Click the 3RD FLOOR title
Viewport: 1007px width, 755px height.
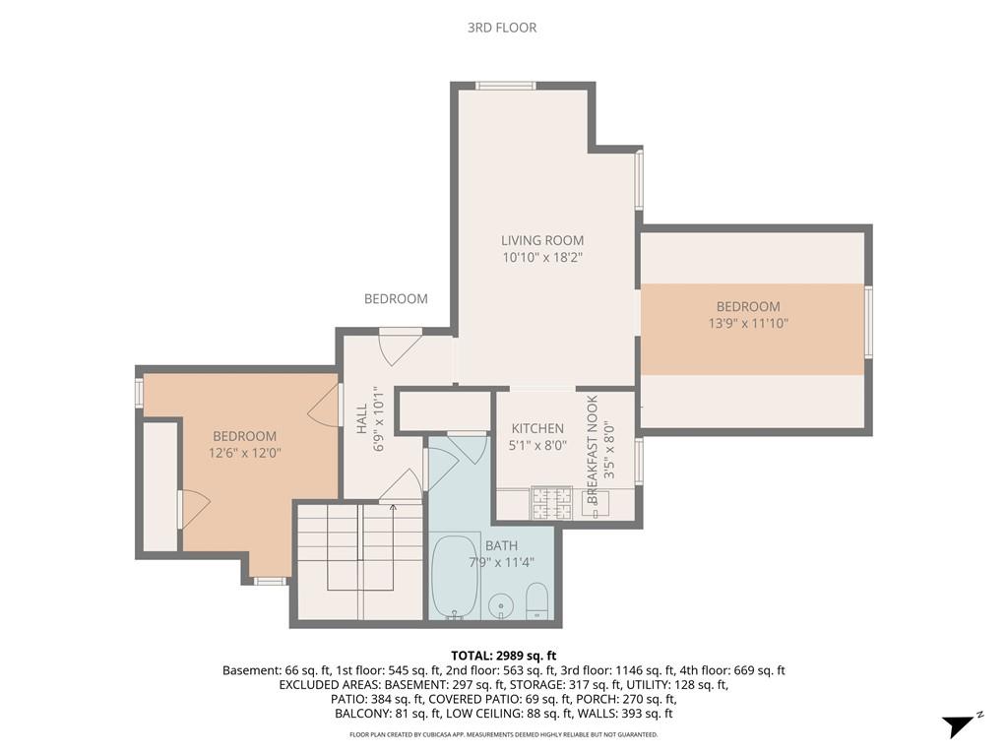coord(502,28)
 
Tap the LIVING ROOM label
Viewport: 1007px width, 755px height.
coord(541,240)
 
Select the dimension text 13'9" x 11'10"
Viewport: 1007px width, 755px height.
coord(747,323)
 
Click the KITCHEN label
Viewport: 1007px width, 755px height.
coord(537,428)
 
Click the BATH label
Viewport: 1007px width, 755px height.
coord(500,545)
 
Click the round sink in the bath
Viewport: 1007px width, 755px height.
coord(502,604)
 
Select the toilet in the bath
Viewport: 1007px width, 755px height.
coord(537,600)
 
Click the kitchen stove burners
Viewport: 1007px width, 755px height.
coord(545,503)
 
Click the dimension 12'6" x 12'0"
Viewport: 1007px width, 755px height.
coord(244,454)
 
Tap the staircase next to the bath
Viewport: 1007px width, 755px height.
coord(359,559)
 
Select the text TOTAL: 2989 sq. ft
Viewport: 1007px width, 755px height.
coord(503,656)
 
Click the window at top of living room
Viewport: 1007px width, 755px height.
coord(505,86)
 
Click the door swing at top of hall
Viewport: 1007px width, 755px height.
coord(398,346)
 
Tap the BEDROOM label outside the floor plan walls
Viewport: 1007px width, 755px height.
coord(396,299)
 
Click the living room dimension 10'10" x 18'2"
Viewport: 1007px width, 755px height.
coord(541,257)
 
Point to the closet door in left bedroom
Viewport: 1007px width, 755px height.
coord(193,508)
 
